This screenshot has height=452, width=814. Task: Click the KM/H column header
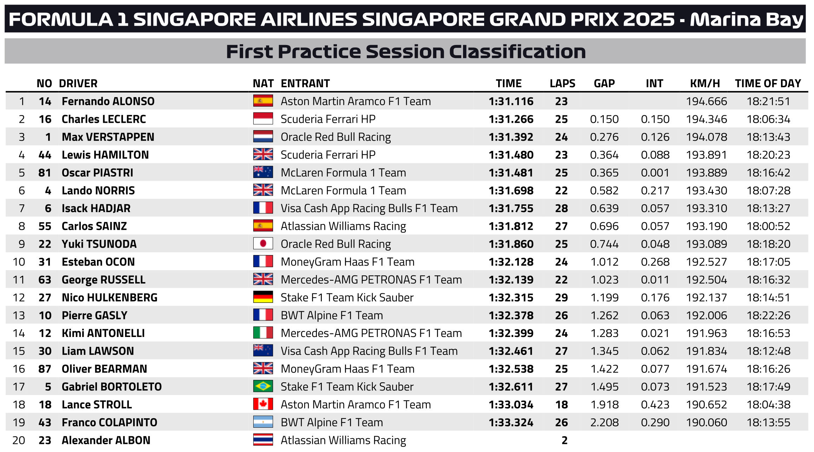point(705,83)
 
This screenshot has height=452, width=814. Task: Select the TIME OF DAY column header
point(768,83)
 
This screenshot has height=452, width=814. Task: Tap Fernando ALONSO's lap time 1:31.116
point(511,101)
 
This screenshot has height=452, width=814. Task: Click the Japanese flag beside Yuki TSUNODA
point(263,244)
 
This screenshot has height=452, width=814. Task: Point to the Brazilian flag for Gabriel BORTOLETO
point(263,386)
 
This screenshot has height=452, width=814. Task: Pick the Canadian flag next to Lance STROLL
point(263,404)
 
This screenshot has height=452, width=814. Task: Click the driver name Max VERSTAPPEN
point(108,137)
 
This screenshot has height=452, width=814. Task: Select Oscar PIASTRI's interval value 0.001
point(655,173)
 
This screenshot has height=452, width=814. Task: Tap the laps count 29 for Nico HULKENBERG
point(561,298)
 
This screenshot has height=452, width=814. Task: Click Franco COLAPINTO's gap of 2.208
point(604,422)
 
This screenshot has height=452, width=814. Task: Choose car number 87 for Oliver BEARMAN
point(45,369)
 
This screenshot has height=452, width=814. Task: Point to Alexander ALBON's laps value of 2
point(564,440)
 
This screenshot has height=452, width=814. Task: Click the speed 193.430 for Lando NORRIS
point(706,191)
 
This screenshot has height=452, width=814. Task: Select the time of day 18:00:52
point(768,226)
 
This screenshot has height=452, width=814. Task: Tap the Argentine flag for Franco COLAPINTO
point(263,422)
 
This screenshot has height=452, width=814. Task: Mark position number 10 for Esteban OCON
point(19,262)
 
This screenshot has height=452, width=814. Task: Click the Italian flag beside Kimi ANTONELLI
point(263,333)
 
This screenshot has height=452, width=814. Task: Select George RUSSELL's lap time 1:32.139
point(511,280)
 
